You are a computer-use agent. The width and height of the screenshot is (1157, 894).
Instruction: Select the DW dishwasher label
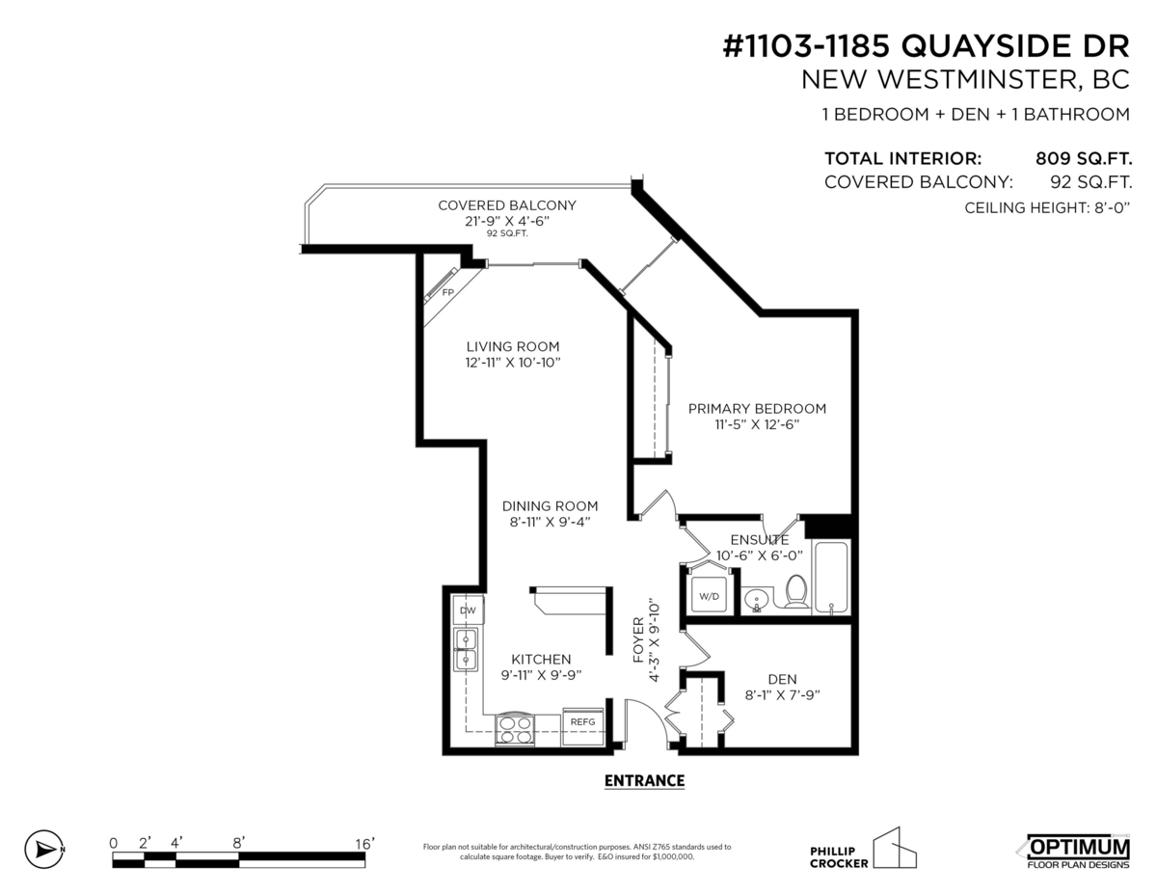(x=468, y=610)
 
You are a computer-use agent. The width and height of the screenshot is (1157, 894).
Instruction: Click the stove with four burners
(x=513, y=729)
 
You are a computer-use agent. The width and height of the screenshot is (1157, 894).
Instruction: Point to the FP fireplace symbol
(x=446, y=291)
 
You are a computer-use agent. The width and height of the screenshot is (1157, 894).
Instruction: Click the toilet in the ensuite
(x=796, y=591)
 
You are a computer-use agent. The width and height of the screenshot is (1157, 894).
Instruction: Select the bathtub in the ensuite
(x=830, y=578)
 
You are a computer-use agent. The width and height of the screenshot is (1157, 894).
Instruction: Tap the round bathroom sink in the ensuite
(x=757, y=600)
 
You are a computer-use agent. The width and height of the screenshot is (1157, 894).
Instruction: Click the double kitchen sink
(x=467, y=649)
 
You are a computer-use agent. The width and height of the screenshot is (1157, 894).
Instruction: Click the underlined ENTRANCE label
(x=644, y=780)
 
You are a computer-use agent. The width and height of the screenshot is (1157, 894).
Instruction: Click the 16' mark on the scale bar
(x=364, y=844)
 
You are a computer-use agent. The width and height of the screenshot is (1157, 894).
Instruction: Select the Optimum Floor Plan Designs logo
(x=1072, y=851)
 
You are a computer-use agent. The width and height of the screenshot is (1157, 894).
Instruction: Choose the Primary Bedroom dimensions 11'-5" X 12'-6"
(x=757, y=424)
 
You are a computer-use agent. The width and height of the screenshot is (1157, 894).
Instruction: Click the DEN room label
(x=782, y=679)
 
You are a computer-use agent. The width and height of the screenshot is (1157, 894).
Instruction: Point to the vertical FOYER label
(x=638, y=638)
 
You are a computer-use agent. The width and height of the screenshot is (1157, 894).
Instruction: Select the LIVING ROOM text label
(x=513, y=346)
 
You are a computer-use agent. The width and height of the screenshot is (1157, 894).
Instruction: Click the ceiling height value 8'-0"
(x=1106, y=207)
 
